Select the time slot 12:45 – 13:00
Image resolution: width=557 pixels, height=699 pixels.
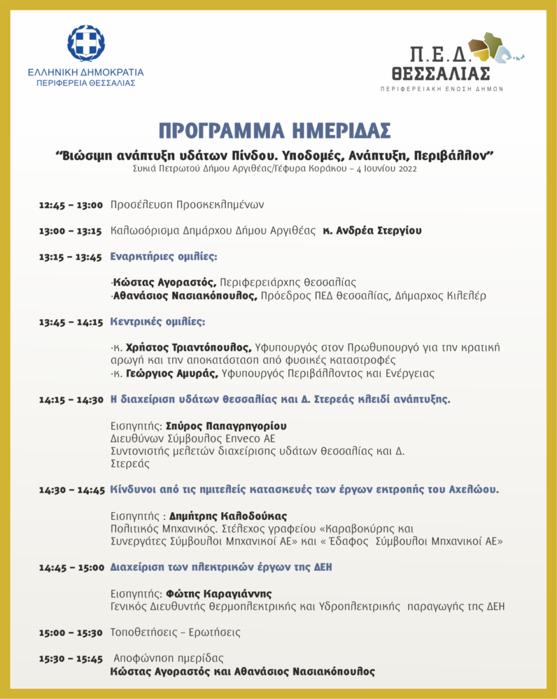[71, 205]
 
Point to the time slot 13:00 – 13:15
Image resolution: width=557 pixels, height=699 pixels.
[71, 231]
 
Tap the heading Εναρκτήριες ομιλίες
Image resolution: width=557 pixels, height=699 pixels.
[164, 257]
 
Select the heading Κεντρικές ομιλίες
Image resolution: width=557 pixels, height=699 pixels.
[157, 322]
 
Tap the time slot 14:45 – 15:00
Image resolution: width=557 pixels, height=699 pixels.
[71, 567]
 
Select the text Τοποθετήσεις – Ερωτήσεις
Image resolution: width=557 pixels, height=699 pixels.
[176, 633]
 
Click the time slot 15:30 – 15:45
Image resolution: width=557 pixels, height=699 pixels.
[71, 659]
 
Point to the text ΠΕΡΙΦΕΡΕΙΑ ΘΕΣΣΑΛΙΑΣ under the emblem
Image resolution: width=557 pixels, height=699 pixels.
[86, 83]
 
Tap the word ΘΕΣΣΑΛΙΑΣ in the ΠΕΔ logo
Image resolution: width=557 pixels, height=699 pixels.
[441, 74]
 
